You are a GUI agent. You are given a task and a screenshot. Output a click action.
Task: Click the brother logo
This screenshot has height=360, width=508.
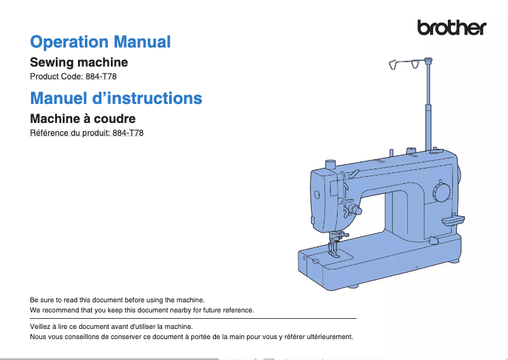tap(452, 27)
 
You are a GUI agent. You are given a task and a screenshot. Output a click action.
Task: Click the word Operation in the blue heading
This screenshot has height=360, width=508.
tap(69, 42)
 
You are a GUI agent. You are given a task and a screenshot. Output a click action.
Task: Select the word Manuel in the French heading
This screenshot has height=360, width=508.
tap(59, 98)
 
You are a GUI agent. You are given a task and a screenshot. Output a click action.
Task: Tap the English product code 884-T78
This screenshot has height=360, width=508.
tap(101, 77)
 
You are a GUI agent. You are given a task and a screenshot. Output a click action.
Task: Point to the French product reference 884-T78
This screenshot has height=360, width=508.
tap(128, 133)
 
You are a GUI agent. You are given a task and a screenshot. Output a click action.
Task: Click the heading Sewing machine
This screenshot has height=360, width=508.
tap(79, 62)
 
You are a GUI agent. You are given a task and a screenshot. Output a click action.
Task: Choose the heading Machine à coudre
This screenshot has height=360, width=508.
tap(82, 119)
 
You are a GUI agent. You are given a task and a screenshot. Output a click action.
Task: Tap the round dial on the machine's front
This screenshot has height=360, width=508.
tap(441, 192)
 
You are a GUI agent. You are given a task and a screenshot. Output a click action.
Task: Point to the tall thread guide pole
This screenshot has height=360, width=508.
tap(428, 104)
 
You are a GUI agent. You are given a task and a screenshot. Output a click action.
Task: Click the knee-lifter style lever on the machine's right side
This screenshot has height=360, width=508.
tap(453, 221)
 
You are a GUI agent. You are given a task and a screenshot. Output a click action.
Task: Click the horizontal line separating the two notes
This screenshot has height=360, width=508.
tap(193, 319)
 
